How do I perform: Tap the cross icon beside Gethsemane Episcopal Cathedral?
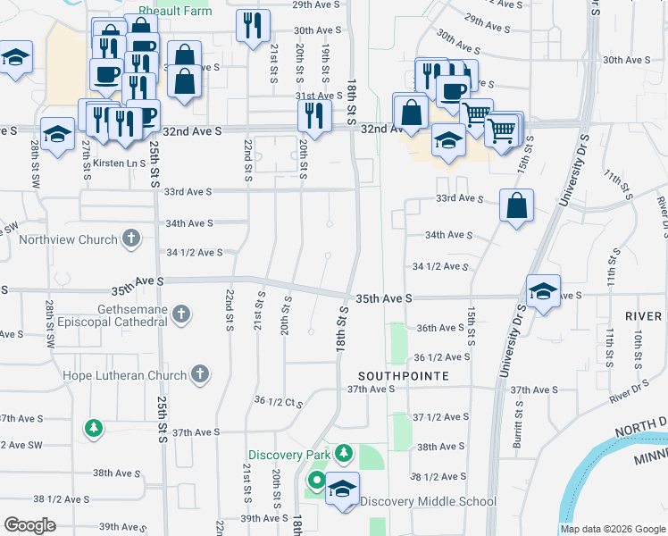pyautogui.click(x=182, y=314)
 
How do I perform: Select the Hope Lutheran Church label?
pyautogui.click(x=124, y=375)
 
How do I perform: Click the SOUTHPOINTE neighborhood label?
pyautogui.click(x=403, y=376)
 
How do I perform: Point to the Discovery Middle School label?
pyautogui.click(x=429, y=501)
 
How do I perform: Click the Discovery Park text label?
pyautogui.click(x=289, y=455)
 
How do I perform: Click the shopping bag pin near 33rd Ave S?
pyautogui.click(x=516, y=206)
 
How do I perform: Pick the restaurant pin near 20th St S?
pyautogui.click(x=314, y=114)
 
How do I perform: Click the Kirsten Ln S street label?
pyautogui.click(x=113, y=163)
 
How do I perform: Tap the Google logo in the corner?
pyautogui.click(x=30, y=525)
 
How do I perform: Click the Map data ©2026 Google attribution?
pyautogui.click(x=612, y=529)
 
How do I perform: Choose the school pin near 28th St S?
pyautogui.click(x=57, y=134)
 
